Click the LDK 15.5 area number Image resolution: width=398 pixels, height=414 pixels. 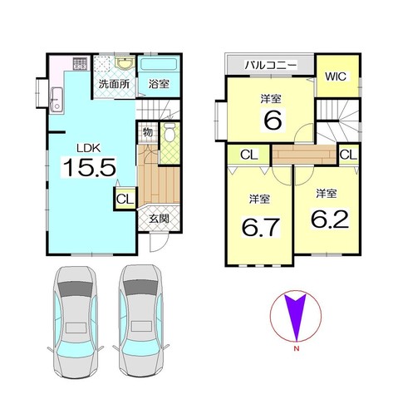point(89,167)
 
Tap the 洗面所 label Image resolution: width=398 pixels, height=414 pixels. point(114,84)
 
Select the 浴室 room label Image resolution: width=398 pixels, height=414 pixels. point(159,84)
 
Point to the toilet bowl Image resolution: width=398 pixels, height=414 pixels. point(170,133)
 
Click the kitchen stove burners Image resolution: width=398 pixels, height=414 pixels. point(81,63)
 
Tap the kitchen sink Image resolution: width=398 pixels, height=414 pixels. point(57,99)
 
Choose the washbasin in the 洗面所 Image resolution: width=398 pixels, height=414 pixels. point(125,63)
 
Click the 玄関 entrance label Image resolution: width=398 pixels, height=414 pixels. point(159,219)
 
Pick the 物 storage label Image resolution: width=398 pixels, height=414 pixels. point(147,132)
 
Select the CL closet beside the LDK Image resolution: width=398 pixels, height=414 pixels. point(125,199)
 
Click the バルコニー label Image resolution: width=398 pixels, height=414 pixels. point(271,65)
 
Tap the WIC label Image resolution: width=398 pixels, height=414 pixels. point(336,76)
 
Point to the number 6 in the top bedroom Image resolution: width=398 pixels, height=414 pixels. point(273,120)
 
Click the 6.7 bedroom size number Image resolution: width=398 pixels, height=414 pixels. point(261,227)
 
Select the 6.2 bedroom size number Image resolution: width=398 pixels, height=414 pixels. point(330,219)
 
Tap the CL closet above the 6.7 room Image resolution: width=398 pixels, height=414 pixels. point(249,155)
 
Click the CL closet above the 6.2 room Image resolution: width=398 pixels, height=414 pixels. point(348,155)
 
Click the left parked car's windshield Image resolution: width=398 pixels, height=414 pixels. point(76,289)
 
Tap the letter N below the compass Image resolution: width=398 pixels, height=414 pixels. point(297,349)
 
